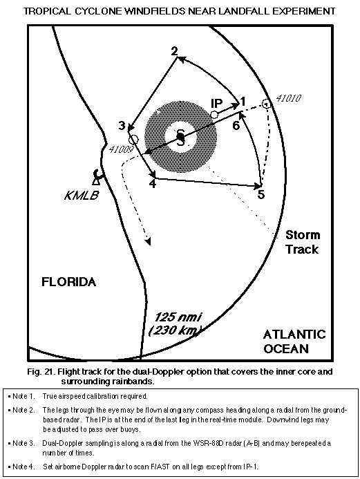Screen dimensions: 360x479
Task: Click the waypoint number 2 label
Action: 174,51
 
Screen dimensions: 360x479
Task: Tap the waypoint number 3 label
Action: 122,125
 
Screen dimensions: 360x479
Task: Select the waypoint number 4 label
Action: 153,184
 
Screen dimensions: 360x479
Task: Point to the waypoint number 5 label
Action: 261,194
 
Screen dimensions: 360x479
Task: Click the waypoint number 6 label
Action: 236,125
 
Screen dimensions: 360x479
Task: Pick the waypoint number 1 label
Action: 243,101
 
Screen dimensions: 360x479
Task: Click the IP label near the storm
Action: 216,104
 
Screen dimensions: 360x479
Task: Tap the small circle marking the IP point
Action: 214,115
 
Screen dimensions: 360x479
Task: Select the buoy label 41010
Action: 289,98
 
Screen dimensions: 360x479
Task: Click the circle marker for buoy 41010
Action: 266,104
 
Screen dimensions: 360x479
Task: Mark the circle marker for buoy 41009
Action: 134,140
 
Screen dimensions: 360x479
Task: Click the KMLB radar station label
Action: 82,195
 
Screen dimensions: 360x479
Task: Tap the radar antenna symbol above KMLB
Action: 97,177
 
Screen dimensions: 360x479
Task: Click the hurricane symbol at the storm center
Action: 181,137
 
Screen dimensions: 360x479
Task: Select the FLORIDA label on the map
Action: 68,281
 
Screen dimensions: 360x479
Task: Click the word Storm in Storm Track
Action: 303,235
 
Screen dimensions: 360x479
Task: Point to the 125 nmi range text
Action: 178,317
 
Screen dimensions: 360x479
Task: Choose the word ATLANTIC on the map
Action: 294,335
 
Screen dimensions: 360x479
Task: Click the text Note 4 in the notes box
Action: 23,467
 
